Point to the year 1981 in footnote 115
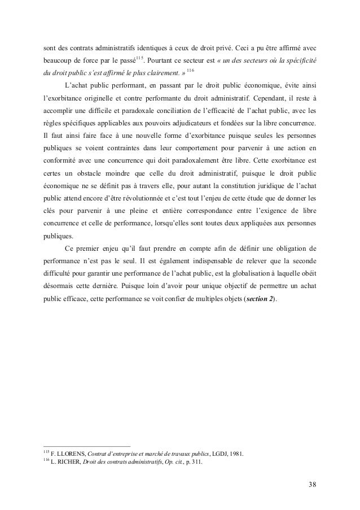(x=237, y=454)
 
